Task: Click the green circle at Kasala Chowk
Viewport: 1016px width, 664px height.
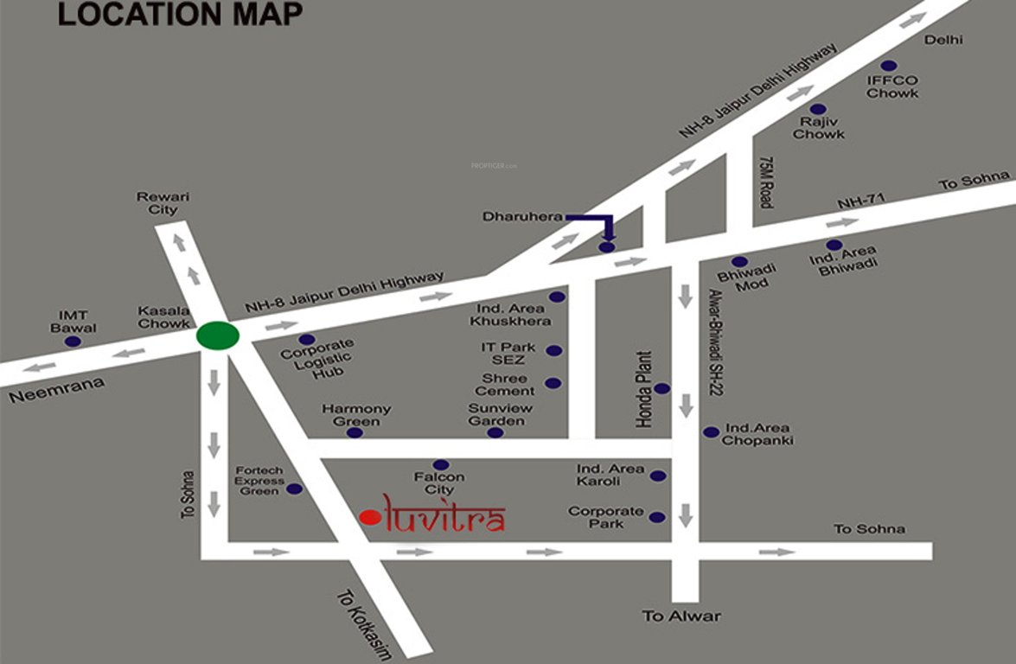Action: (217, 335)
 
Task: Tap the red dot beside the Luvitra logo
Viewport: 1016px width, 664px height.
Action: (369, 517)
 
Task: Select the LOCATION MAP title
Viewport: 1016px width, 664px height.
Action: (180, 15)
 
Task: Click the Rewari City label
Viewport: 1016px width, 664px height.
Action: (163, 203)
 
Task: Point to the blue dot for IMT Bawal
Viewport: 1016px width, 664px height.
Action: (73, 342)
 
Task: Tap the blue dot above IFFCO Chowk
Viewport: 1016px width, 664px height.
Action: (888, 66)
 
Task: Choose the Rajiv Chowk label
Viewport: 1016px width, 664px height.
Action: (818, 128)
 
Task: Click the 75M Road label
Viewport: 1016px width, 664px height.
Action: (764, 182)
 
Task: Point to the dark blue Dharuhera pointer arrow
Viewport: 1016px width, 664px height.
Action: (597, 223)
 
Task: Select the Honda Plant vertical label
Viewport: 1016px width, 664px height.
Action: (643, 389)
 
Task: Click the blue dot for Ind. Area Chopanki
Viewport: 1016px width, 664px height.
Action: (711, 431)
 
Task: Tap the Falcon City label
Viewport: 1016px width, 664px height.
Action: (439, 483)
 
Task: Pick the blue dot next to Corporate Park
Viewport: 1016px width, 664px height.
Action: (657, 517)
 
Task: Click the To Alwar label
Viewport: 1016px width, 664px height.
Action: (681, 616)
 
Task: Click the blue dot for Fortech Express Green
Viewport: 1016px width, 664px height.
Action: (294, 488)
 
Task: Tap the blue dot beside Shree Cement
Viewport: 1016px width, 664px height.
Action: (553, 383)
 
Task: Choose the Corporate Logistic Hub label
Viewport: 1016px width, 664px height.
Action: (316, 357)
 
